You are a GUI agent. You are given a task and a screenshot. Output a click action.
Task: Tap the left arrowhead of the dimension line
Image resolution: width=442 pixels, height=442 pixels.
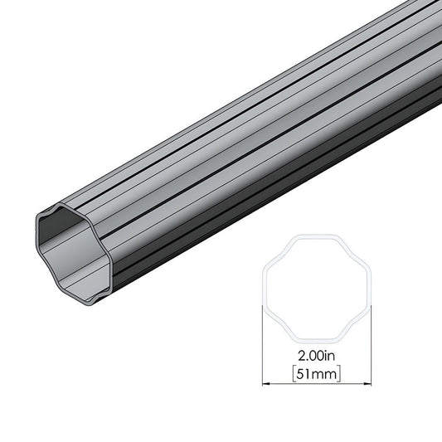(x=266, y=384)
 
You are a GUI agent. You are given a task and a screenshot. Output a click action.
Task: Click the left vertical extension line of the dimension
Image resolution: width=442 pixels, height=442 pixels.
(x=262, y=348)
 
